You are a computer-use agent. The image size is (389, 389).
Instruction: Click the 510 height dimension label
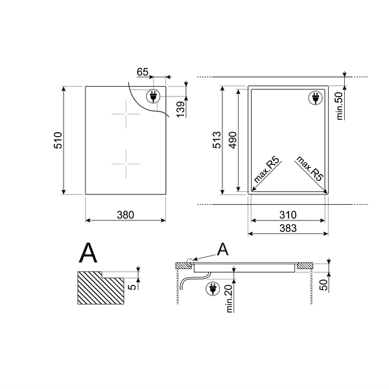58,141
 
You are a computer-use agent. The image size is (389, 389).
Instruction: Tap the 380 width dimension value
126,215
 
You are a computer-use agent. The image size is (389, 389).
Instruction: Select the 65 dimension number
143,72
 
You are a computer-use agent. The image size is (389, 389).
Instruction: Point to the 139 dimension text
181,109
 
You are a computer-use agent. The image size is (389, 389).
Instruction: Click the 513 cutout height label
217,140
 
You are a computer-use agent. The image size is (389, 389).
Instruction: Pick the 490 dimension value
233,141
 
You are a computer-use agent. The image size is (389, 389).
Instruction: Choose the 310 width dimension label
288,215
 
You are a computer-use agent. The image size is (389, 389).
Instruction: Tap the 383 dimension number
288,228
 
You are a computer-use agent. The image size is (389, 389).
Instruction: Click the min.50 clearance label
340,106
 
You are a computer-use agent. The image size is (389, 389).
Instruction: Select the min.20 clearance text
230,298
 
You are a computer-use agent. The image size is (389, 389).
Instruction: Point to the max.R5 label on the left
266,170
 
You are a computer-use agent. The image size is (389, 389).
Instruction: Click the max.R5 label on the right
310,169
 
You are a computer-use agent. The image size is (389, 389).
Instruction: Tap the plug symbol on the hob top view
153,96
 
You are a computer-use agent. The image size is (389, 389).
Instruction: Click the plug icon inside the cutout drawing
316,98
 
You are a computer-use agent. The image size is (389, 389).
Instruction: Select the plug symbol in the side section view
213,289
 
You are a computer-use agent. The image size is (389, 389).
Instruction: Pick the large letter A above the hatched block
88,253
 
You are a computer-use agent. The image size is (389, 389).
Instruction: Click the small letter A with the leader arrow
222,250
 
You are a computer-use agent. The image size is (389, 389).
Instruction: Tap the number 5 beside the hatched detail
132,287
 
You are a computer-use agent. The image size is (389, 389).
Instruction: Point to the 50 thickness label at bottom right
324,285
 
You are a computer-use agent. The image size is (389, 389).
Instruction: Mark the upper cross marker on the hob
126,114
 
